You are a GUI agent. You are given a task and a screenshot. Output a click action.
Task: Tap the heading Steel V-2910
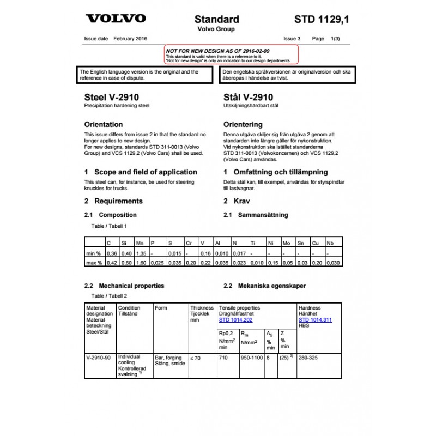point(112,97)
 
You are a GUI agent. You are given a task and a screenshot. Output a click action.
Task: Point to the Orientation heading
point(104,124)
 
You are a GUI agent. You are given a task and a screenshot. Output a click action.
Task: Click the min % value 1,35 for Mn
point(141,253)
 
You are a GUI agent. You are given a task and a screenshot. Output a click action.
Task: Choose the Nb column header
point(330,243)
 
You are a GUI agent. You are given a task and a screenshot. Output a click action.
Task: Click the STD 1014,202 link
point(235,320)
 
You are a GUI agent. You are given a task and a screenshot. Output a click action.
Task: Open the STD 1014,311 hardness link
point(316,320)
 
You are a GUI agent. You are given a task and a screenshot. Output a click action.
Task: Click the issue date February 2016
point(130,39)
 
